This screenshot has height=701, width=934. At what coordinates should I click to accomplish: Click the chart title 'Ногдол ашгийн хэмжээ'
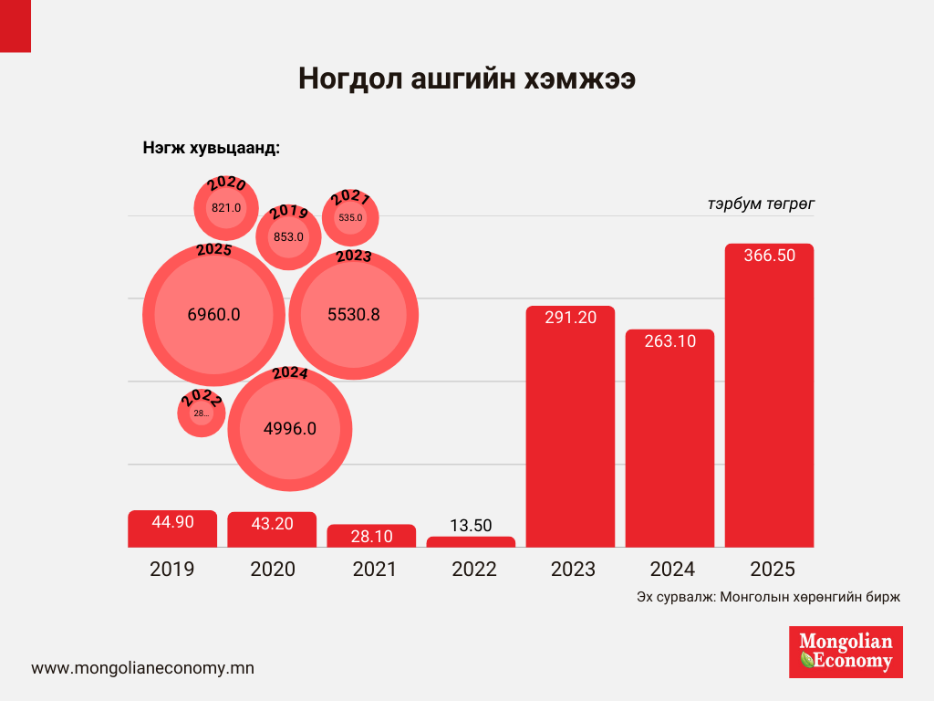coord(467,79)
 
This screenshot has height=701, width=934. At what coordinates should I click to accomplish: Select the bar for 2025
coord(769,402)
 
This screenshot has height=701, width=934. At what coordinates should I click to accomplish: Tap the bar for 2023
coord(570,429)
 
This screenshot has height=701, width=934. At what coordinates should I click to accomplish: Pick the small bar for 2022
coord(471,541)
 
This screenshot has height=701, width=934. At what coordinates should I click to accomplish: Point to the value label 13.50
coord(471,525)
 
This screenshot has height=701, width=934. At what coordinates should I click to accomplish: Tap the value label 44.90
coord(172,522)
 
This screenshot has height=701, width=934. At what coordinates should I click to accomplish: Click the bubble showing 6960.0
coord(213,315)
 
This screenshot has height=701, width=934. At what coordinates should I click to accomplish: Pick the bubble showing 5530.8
coord(354,315)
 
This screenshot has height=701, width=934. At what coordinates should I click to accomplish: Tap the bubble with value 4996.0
coord(289,428)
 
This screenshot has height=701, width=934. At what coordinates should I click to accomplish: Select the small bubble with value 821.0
coord(226,207)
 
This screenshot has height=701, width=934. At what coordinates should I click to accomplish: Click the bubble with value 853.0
coord(288,236)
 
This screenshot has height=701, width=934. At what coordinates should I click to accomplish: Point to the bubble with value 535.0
coord(350,218)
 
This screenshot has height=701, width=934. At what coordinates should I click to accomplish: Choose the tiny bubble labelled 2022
coord(201,413)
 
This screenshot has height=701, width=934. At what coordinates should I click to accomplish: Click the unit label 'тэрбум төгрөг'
coord(761,204)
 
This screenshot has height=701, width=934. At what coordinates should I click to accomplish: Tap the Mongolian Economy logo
coord(846,651)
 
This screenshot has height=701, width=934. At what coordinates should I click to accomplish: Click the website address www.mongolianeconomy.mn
coord(142,667)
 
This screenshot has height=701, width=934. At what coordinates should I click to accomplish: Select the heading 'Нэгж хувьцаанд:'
coord(211,149)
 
